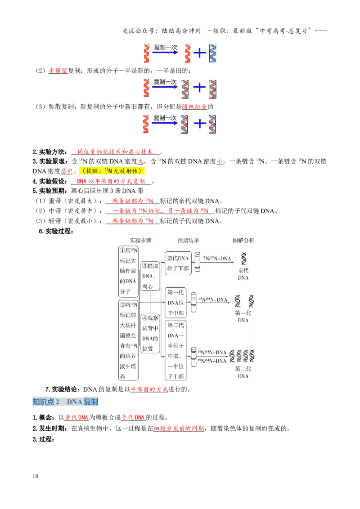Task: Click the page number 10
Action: (x=36, y=476)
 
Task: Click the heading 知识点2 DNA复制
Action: (x=65, y=402)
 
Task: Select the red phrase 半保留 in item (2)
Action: (x=58, y=71)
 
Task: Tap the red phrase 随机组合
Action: (x=194, y=107)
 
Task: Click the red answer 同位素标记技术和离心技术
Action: (x=115, y=152)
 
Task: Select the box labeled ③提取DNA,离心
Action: (x=150, y=276)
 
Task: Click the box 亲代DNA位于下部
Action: (x=178, y=263)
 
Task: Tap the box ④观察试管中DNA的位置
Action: (x=150, y=333)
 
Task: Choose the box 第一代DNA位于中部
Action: (x=175, y=303)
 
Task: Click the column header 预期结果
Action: (x=189, y=240)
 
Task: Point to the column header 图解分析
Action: (x=243, y=240)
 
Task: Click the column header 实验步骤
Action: (x=141, y=240)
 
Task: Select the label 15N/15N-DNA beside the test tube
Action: (x=217, y=259)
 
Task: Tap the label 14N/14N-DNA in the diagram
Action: (x=212, y=352)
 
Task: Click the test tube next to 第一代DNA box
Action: (x=193, y=302)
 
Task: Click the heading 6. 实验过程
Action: (x=56, y=231)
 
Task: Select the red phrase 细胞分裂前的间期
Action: (x=179, y=429)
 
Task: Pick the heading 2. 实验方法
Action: (x=49, y=152)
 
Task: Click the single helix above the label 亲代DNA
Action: (x=243, y=259)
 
